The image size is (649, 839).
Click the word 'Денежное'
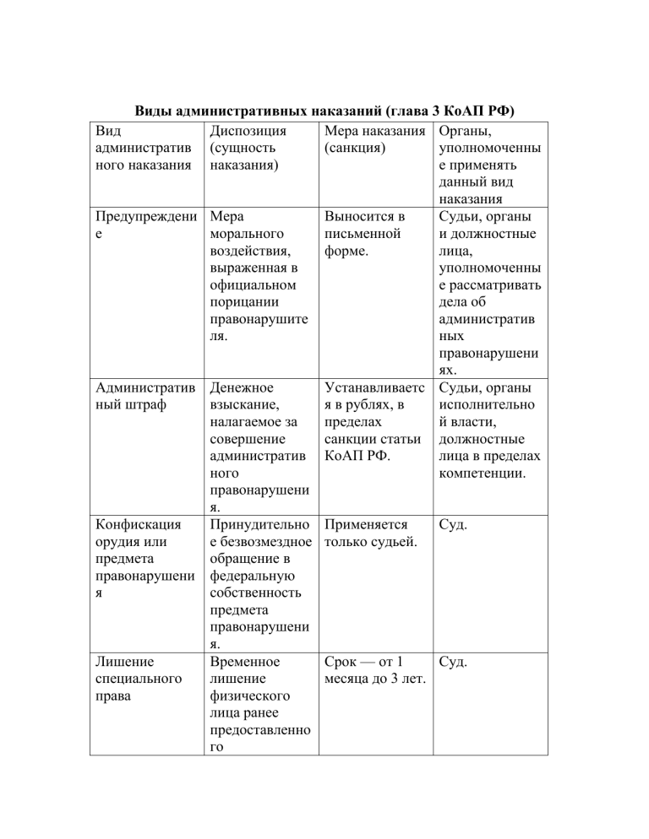[x=240, y=388]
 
